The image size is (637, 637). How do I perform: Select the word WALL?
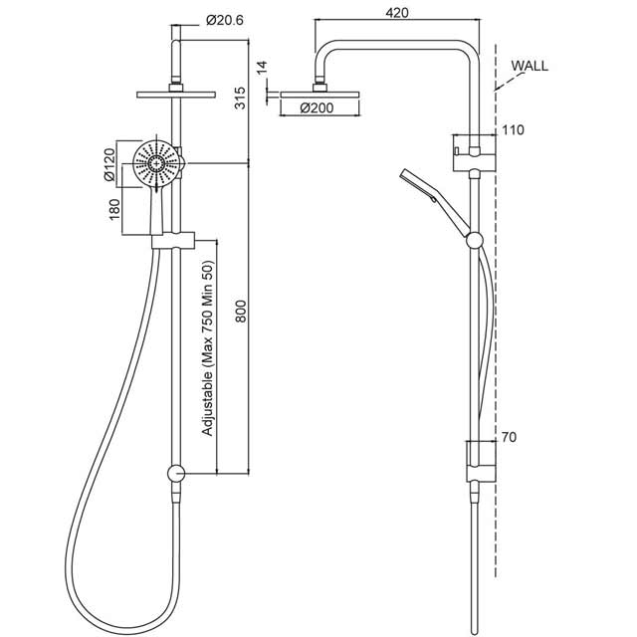pos(531,67)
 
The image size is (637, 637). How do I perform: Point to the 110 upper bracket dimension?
pos(515,130)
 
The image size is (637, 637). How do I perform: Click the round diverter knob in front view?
pos(176,476)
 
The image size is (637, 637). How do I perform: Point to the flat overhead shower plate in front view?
pos(175,96)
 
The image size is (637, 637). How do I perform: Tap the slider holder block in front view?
pos(176,240)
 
